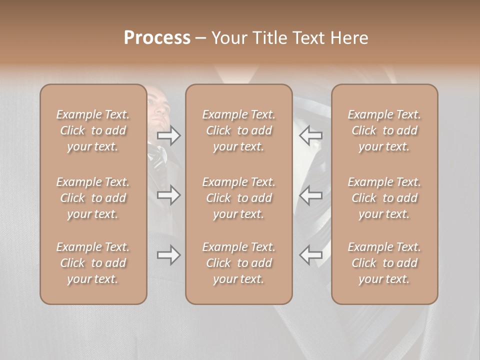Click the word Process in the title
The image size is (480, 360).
click(x=157, y=38)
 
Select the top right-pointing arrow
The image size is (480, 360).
click(x=169, y=135)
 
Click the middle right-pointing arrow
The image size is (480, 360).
click(x=169, y=195)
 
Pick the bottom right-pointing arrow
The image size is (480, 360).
click(x=169, y=255)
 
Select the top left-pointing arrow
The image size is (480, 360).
click(x=311, y=135)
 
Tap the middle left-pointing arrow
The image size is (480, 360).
click(x=311, y=195)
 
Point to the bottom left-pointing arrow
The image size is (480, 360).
click(x=311, y=255)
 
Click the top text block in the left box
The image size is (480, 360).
click(x=93, y=130)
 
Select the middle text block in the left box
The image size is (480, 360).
click(x=93, y=198)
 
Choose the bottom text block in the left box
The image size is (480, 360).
click(x=93, y=263)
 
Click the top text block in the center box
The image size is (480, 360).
click(x=239, y=130)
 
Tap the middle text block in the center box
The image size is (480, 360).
click(x=239, y=198)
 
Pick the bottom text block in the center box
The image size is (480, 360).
click(x=239, y=263)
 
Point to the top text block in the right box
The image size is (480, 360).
click(x=384, y=130)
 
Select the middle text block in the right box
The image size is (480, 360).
click(x=384, y=198)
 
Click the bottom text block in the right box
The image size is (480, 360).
click(x=384, y=263)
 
